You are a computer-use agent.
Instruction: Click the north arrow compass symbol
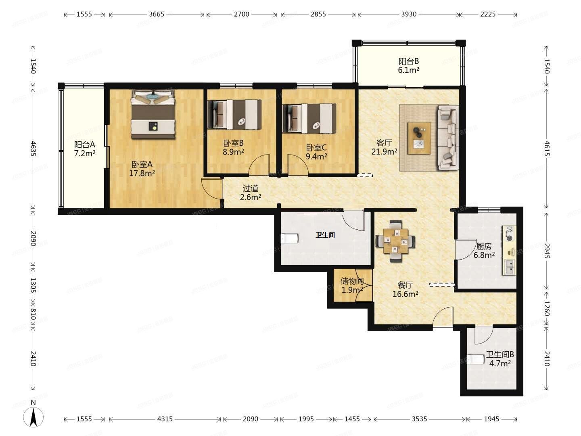(33, 417)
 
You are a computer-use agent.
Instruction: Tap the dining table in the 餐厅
(395, 241)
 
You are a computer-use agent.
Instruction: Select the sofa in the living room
(448, 137)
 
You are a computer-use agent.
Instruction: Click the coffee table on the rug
(419, 138)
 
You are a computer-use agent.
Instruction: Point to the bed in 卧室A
(153, 114)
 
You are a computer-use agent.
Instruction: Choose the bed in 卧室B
(234, 114)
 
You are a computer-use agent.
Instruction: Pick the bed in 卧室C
(309, 118)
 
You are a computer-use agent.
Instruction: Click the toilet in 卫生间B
(475, 359)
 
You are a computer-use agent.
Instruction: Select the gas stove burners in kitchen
(509, 234)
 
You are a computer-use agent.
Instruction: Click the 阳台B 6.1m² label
(409, 66)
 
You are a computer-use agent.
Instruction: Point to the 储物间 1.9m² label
(352, 286)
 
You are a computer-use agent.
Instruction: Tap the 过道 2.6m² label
(251, 193)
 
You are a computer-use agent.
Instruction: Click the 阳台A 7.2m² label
(84, 149)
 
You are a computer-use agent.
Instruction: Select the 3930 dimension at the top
(409, 14)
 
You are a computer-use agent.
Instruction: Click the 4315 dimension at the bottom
(165, 419)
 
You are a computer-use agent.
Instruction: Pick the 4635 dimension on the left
(33, 149)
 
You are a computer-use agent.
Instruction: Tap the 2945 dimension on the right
(547, 251)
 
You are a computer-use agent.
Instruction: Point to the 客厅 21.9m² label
(384, 147)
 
